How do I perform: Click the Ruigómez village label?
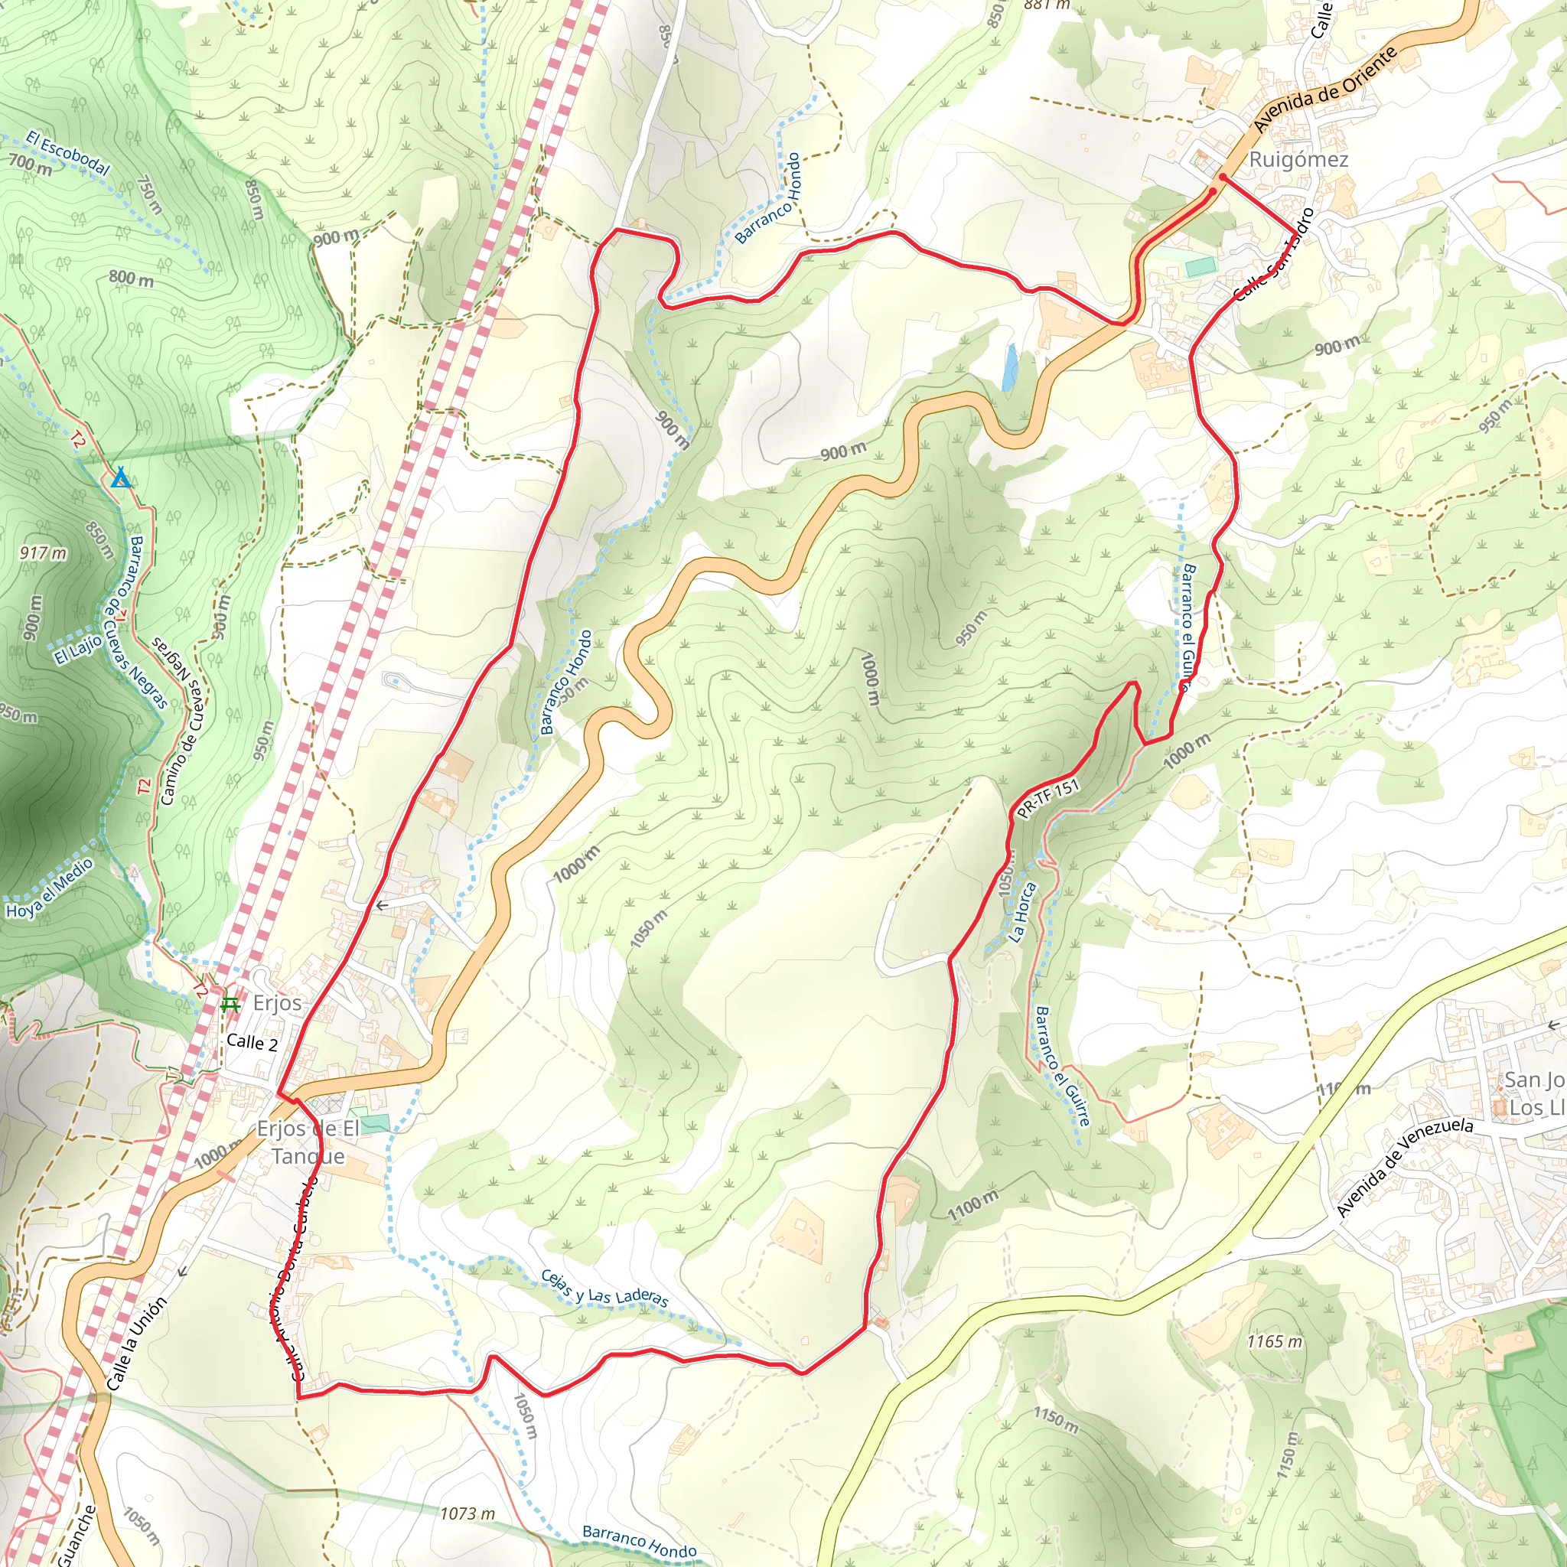[x=1298, y=159]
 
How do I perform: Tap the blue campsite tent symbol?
[x=121, y=477]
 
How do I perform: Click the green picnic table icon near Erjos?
[x=230, y=1005]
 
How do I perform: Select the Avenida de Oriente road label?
[x=1325, y=90]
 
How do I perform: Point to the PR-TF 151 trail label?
[x=1048, y=799]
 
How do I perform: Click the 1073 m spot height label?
[x=467, y=1514]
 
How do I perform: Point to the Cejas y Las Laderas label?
[x=605, y=1288]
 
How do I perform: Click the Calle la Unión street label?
[x=136, y=1344]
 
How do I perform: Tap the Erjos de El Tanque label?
[x=308, y=1142]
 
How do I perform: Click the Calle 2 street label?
[x=252, y=1043]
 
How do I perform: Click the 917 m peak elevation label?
[x=44, y=553]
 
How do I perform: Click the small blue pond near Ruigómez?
[x=1009, y=367]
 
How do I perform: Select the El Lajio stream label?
[x=79, y=650]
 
